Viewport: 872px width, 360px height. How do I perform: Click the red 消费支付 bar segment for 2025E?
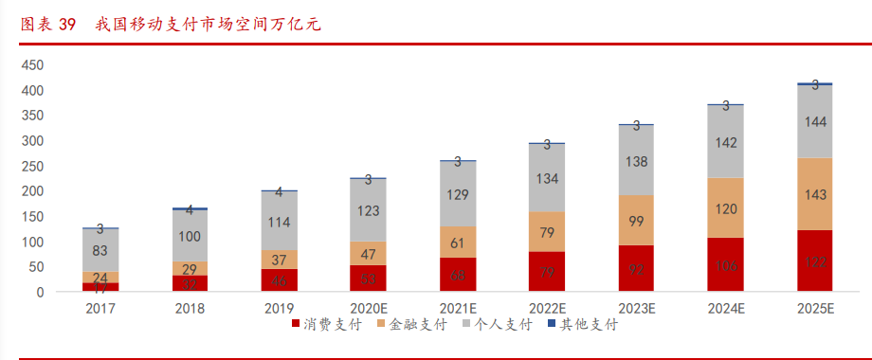coord(814,261)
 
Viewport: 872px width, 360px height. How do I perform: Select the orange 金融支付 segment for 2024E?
coord(725,207)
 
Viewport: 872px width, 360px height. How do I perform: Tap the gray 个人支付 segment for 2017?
coord(100,250)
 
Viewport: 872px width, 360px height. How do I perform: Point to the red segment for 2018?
coord(190,283)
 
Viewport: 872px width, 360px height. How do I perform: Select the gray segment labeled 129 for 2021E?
coord(457,194)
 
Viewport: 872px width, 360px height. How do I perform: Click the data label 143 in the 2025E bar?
coord(814,193)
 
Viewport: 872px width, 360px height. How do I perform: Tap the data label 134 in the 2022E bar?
coord(547,177)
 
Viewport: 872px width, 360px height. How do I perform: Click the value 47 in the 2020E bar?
coord(368,253)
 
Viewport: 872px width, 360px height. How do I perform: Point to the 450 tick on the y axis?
coord(32,65)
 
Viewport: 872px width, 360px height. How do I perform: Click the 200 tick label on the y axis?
coord(32,191)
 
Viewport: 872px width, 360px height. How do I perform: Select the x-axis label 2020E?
coord(368,308)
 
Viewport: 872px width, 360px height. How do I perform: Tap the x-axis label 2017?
coord(100,308)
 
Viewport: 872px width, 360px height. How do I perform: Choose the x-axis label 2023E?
coord(636,308)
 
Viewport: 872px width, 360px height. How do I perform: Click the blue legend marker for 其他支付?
coord(552,325)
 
